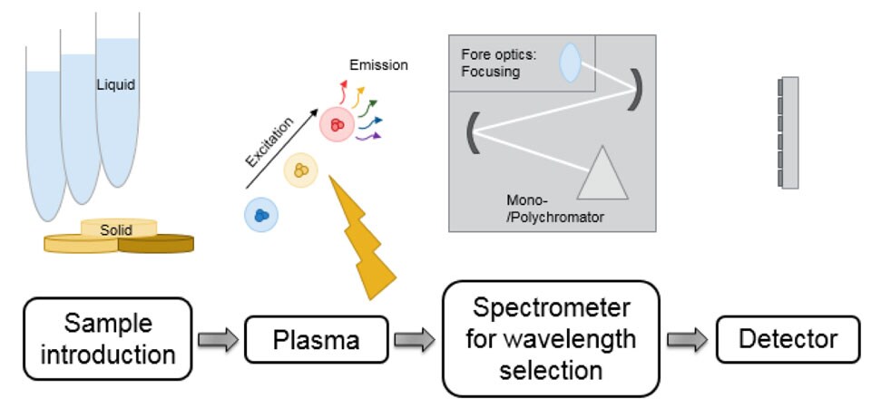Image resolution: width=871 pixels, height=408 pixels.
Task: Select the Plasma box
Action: tap(317, 341)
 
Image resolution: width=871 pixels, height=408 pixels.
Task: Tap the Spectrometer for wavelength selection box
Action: tap(550, 339)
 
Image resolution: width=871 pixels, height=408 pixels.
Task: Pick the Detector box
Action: tap(787, 339)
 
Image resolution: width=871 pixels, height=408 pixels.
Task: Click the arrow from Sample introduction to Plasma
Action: tap(218, 340)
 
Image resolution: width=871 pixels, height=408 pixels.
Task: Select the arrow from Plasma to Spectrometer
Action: tap(415, 340)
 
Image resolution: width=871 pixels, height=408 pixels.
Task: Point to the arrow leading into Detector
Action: tap(687, 339)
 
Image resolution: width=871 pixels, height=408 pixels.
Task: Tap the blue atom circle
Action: tap(260, 216)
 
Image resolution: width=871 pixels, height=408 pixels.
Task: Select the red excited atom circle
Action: tap(337, 124)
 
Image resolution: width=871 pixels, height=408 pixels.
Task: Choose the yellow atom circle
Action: tap(300, 170)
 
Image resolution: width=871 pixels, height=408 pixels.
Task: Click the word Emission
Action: tap(378, 65)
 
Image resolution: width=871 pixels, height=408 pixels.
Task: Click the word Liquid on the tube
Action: tap(116, 85)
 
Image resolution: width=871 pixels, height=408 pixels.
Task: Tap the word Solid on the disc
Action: tap(118, 230)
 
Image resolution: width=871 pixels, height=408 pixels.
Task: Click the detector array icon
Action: tap(788, 132)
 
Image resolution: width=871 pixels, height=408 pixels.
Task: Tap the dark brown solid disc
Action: tap(157, 243)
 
